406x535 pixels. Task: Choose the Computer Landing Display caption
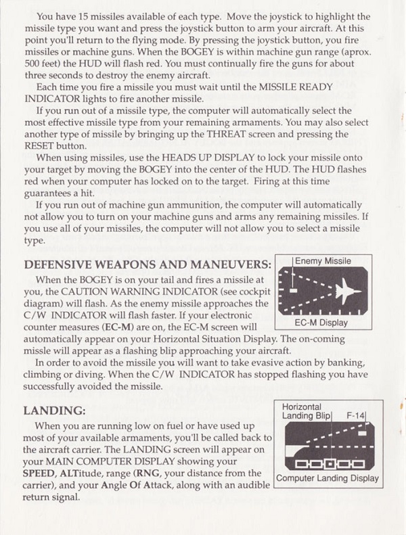327,478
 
